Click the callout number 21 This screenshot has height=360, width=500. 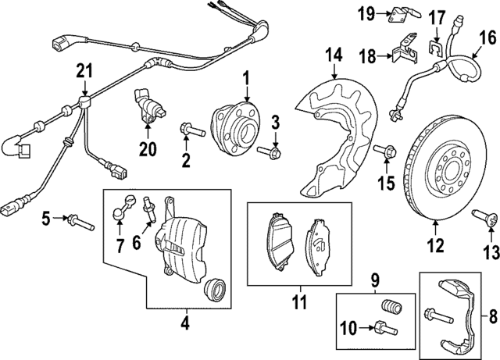click(x=84, y=73)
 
